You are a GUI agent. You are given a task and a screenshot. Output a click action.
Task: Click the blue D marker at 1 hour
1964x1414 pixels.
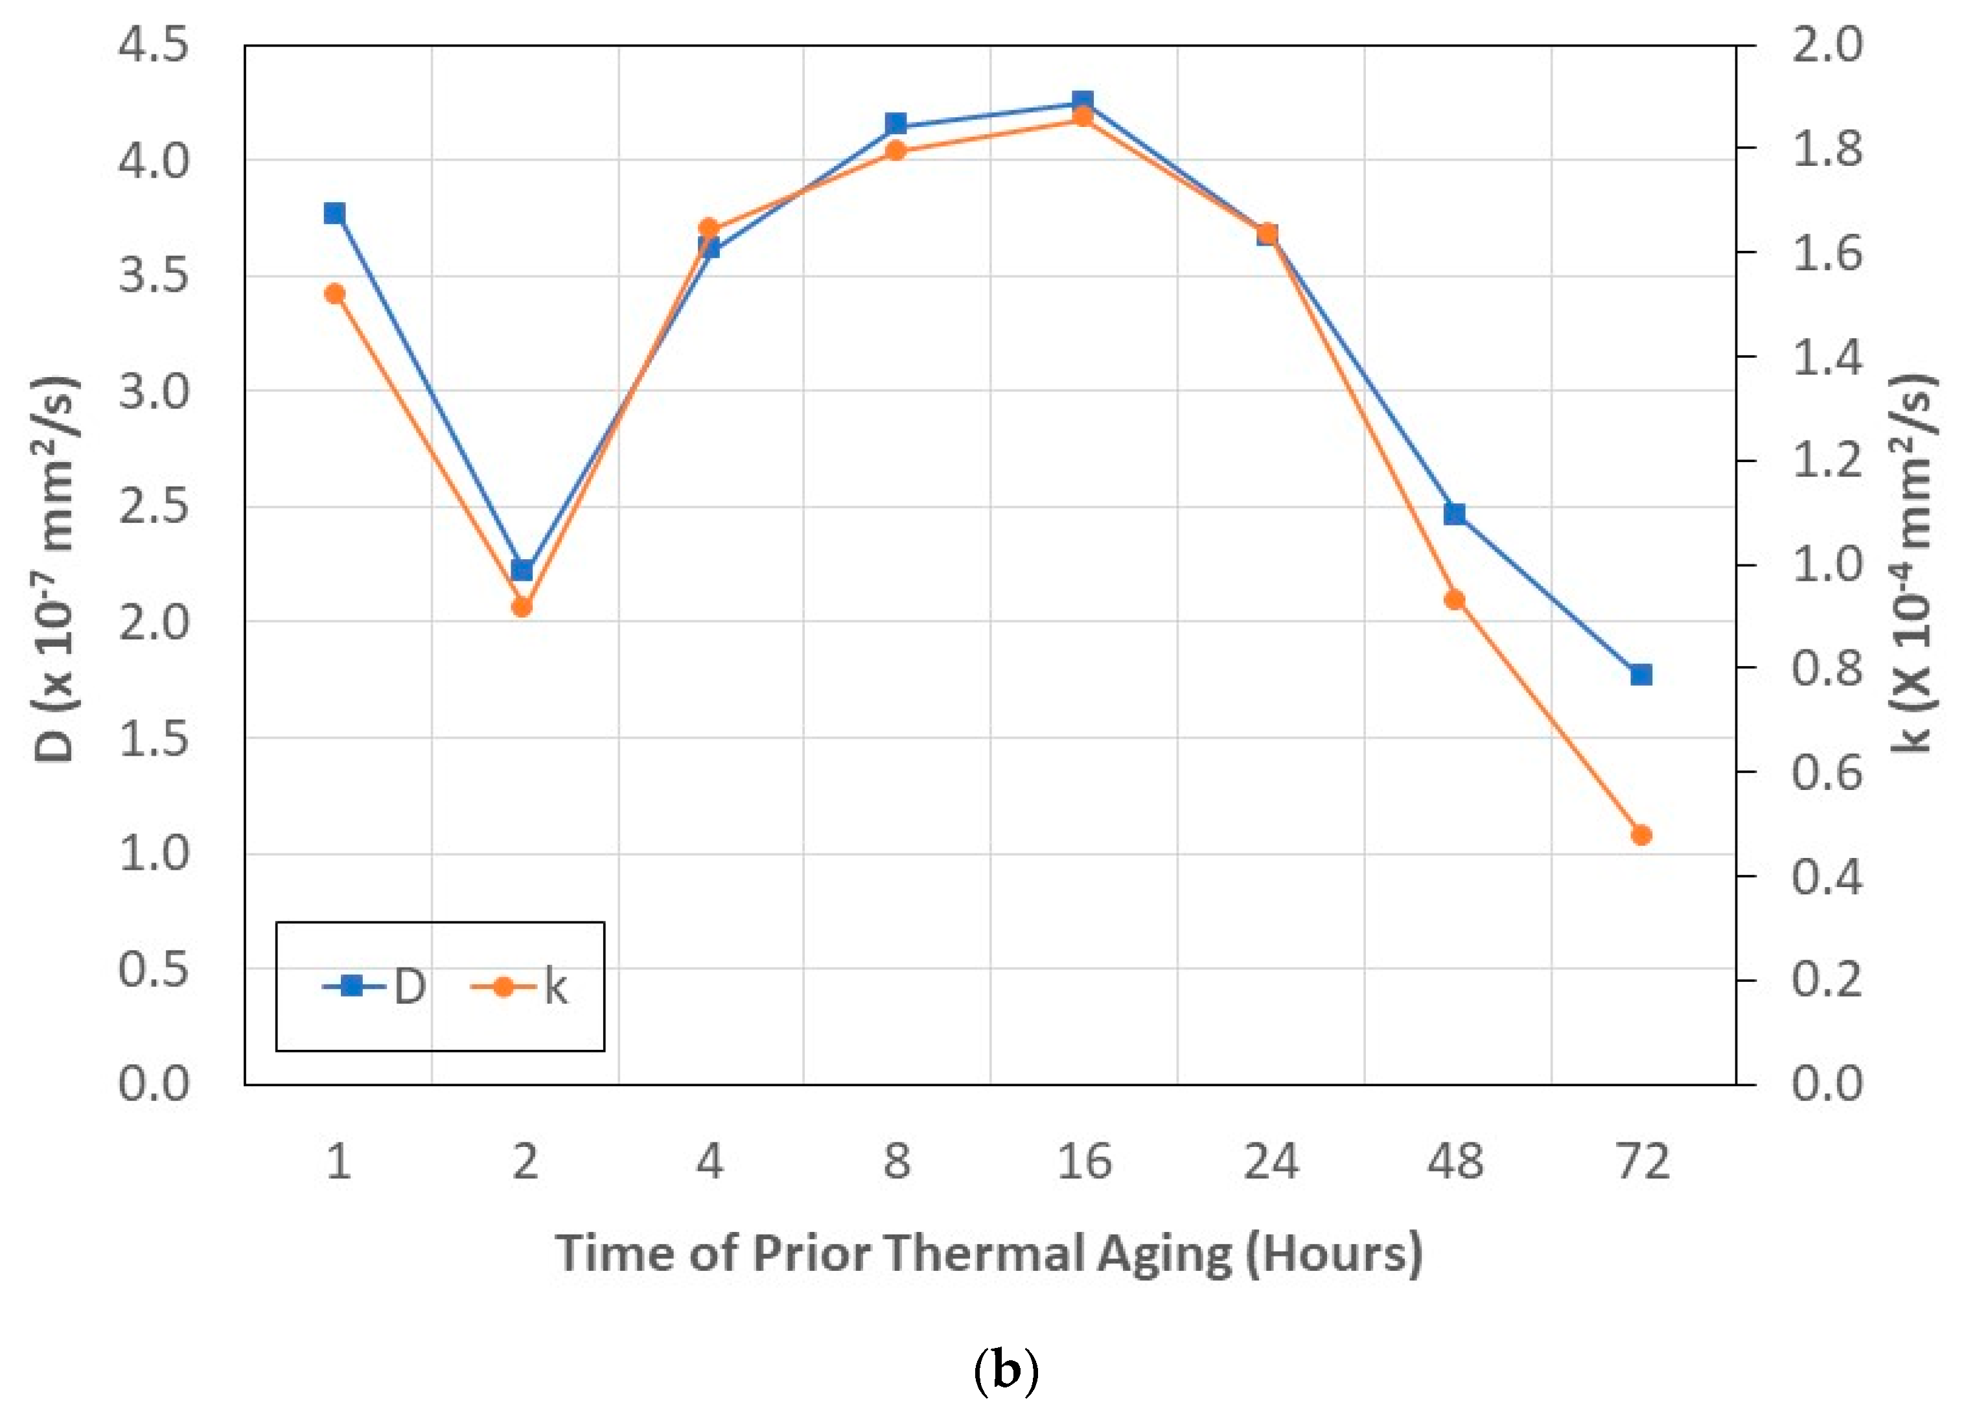(x=335, y=213)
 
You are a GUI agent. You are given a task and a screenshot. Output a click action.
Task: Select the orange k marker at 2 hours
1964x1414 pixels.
(x=522, y=607)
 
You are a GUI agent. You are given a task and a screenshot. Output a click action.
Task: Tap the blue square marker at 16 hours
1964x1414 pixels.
(x=1083, y=100)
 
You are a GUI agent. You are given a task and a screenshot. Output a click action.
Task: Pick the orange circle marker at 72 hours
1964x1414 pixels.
(x=1641, y=835)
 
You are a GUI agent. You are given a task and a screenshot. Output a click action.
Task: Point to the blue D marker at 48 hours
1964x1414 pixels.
(x=1455, y=513)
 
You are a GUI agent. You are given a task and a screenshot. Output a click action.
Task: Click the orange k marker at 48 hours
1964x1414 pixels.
(x=1455, y=599)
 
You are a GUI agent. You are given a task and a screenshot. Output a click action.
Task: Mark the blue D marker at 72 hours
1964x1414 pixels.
(x=1641, y=675)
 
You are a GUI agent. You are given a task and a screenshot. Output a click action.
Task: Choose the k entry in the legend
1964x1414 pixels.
(x=520, y=986)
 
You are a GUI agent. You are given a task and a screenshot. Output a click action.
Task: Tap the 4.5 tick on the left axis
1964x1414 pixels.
(x=154, y=45)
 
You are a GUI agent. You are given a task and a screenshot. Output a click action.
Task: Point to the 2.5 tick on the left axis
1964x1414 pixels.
(x=154, y=507)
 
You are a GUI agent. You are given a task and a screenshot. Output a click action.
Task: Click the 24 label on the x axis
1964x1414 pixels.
(x=1271, y=1161)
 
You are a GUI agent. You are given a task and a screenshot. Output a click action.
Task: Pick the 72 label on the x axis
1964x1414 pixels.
(x=1643, y=1161)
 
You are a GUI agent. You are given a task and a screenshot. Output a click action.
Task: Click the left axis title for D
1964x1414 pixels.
(x=56, y=567)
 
